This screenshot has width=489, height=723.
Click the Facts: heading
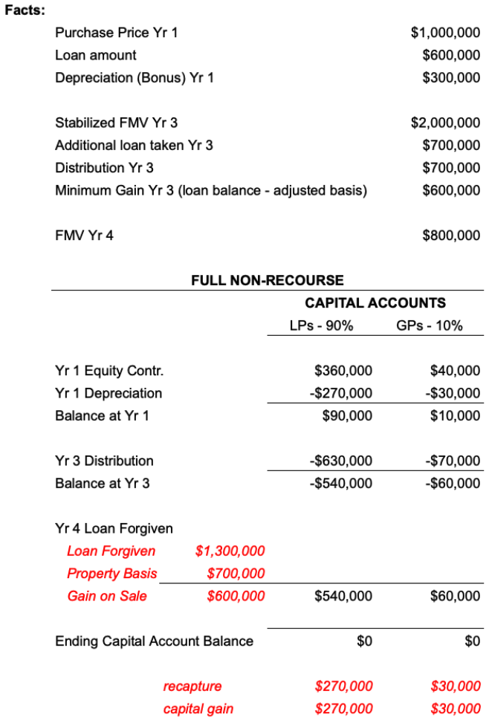(24, 10)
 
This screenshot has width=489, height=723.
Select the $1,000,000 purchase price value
(445, 33)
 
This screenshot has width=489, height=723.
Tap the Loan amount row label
(96, 55)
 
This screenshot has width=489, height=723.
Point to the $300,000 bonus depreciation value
(451, 77)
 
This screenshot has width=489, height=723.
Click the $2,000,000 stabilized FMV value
(445, 123)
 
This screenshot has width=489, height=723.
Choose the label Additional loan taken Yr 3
(134, 145)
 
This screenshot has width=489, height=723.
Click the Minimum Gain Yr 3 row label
(211, 190)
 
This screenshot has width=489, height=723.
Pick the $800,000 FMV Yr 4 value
(451, 236)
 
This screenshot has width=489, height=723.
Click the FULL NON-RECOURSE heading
(268, 280)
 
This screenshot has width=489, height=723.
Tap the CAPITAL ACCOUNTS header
(375, 302)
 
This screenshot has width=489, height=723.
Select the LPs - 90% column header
(321, 325)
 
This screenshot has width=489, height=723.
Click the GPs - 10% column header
(430, 325)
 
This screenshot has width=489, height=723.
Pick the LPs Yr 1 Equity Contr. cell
(343, 371)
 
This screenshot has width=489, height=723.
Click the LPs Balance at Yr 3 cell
(340, 483)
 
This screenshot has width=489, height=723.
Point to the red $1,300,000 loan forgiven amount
(230, 551)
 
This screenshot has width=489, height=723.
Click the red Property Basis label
(112, 574)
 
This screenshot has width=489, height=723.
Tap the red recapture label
(192, 686)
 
